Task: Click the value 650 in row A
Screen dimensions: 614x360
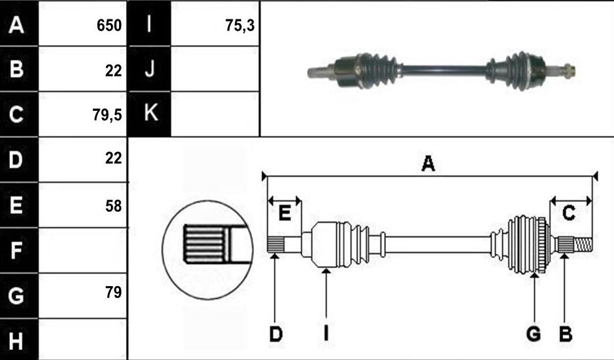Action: (x=109, y=26)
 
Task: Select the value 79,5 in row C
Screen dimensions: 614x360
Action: (x=107, y=115)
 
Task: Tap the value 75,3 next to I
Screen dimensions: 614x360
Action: (x=240, y=26)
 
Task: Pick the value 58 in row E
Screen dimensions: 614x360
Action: (x=113, y=206)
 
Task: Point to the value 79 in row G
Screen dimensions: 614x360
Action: (x=113, y=292)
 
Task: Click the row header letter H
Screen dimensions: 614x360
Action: (x=16, y=341)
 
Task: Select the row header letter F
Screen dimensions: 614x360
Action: (x=16, y=250)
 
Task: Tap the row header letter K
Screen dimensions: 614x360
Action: (x=151, y=113)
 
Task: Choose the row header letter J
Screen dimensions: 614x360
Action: (x=150, y=69)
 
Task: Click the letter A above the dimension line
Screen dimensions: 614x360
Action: (x=428, y=163)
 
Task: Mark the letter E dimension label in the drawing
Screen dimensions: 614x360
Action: (x=284, y=213)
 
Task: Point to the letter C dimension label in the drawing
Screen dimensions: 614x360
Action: (x=569, y=213)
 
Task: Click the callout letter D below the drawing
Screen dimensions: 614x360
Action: (x=276, y=334)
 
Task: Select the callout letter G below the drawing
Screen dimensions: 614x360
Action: (x=533, y=334)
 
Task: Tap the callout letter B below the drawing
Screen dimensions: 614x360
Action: (x=565, y=334)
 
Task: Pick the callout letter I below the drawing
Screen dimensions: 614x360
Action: (x=326, y=334)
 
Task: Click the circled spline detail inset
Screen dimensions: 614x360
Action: (x=208, y=250)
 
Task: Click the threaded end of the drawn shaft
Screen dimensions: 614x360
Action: (x=583, y=245)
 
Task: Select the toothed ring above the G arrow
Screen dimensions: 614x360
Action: (x=542, y=245)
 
